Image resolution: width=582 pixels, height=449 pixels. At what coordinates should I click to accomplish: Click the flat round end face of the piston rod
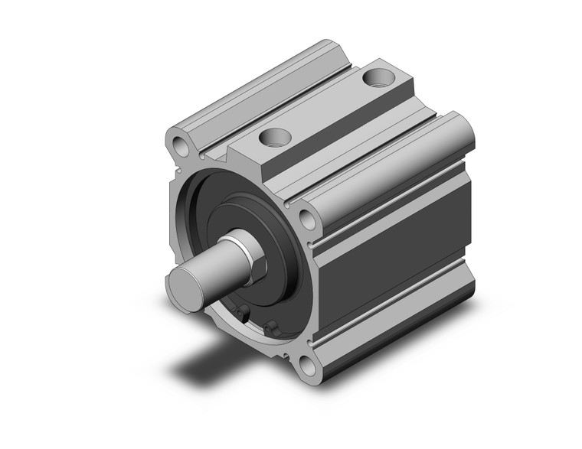(x=186, y=282)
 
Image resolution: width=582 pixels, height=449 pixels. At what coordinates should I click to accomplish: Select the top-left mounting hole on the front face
(x=180, y=145)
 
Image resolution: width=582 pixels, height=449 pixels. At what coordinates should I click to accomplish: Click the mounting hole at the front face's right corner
(x=307, y=220)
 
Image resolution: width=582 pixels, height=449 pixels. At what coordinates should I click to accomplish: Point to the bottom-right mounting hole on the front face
(x=308, y=366)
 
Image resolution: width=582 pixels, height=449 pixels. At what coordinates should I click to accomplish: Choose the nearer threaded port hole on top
(x=273, y=138)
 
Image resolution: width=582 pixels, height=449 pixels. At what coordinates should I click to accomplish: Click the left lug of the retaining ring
(x=242, y=313)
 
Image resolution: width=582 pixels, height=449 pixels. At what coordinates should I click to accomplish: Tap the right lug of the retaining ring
(x=270, y=329)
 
